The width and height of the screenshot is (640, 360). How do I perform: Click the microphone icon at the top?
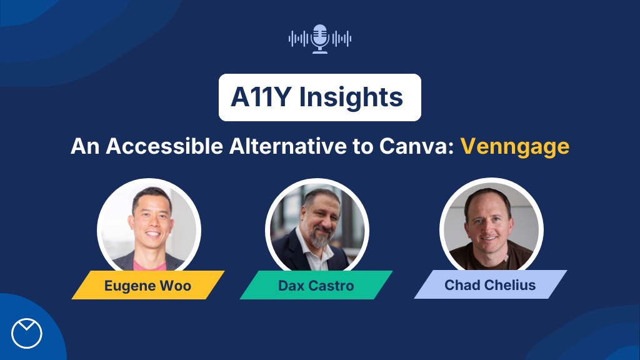coord(320,39)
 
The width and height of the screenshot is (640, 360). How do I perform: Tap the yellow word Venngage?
coord(514,146)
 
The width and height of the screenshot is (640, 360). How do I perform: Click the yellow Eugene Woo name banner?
coord(148,286)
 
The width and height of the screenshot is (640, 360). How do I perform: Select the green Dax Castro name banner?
coord(316,286)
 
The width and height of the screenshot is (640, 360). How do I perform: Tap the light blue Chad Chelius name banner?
coord(490,285)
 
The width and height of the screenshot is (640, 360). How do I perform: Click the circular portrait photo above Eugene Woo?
coord(149,227)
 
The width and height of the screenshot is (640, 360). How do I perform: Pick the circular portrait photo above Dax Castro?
coord(316,227)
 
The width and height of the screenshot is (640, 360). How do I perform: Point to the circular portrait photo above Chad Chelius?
coord(491,226)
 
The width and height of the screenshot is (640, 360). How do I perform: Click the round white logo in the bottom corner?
coord(27,333)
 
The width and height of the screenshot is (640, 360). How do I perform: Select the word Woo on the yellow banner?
coord(177,286)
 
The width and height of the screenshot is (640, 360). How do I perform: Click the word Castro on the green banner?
coord(332,286)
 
